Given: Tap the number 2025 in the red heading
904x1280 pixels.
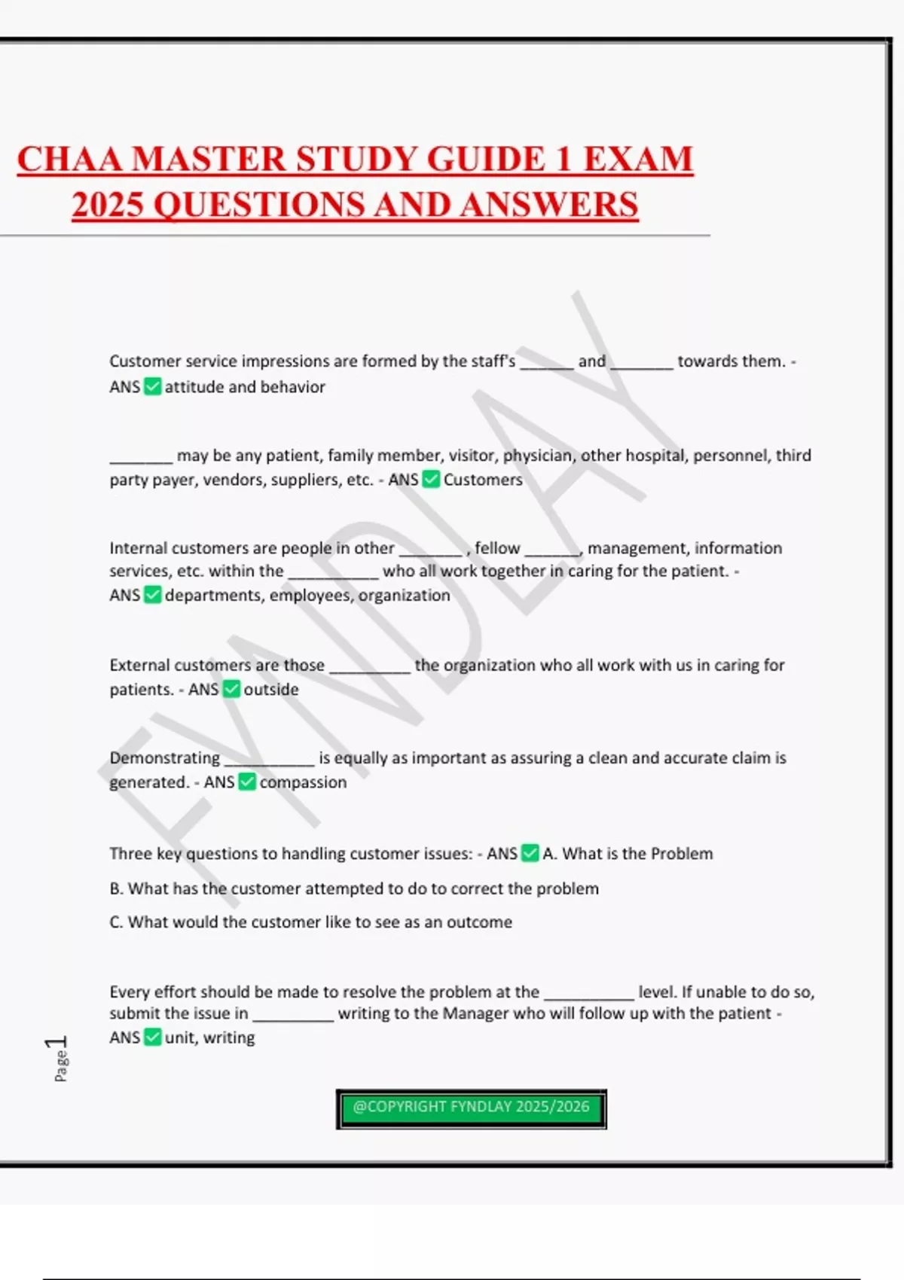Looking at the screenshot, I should tap(108, 205).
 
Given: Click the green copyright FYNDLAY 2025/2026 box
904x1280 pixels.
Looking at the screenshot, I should tap(471, 1108).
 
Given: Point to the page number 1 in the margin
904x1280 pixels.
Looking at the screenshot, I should tap(57, 1043).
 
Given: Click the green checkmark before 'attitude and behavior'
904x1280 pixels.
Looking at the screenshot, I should tap(153, 387).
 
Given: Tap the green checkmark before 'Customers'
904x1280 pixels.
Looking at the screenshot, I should tap(431, 480).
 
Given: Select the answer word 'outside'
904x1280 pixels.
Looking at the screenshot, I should tap(271, 690).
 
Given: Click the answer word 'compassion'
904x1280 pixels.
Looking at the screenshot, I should tap(303, 782).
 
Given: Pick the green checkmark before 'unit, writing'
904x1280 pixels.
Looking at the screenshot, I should tap(153, 1038).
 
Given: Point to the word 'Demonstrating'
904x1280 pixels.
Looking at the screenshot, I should tap(164, 758).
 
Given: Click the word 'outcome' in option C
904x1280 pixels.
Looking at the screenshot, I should tap(479, 922).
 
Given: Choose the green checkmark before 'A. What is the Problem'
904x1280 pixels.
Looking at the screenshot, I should tap(530, 854).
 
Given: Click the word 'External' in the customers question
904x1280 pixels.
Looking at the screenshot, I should tap(139, 666).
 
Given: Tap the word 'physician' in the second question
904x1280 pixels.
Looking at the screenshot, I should tap(537, 456).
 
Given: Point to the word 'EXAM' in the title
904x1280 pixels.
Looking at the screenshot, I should tap(638, 160).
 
